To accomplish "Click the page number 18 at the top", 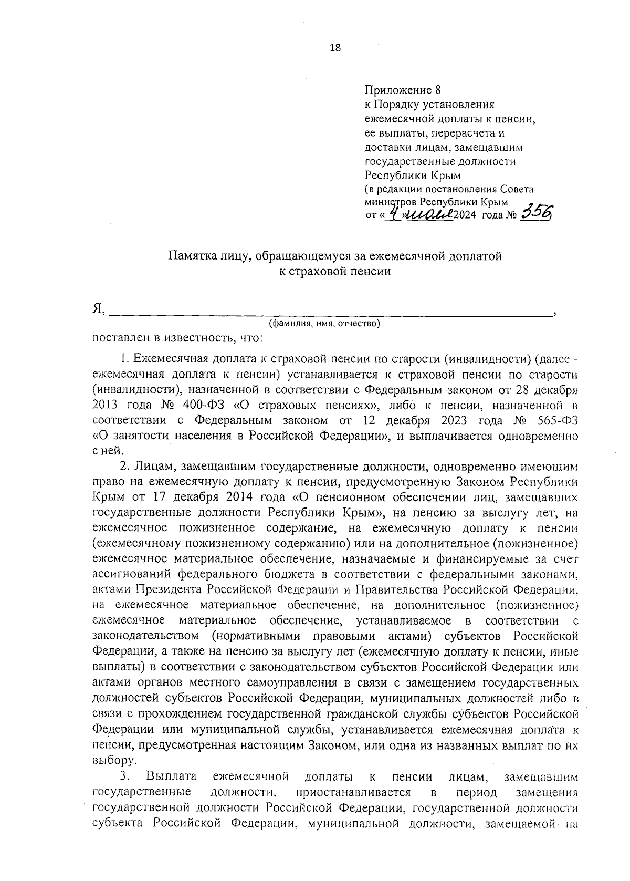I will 335,48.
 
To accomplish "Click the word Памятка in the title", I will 191,256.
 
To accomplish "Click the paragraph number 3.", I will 125,776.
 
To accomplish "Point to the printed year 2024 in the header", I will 464,215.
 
